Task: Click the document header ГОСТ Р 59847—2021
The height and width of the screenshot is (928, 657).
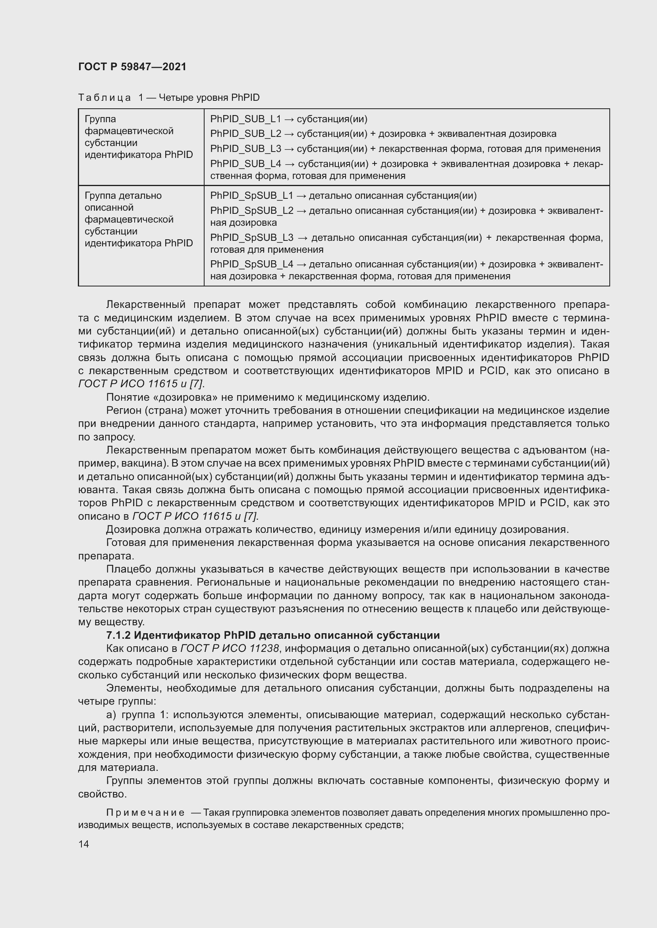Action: (x=132, y=67)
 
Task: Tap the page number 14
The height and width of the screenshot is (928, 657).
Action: (x=84, y=844)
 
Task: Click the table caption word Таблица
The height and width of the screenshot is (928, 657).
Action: (x=104, y=98)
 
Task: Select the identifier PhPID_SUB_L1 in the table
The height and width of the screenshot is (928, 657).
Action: (x=245, y=119)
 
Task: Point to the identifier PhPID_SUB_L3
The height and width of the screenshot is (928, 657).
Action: (x=245, y=149)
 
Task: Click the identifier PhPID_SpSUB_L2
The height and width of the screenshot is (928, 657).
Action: (x=251, y=211)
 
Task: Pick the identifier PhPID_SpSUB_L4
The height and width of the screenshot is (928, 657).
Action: (x=251, y=264)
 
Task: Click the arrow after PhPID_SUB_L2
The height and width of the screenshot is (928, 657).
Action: (x=289, y=134)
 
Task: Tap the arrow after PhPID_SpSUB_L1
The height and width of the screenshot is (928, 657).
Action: (x=301, y=196)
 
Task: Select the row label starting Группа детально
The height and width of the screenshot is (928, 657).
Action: (x=123, y=196)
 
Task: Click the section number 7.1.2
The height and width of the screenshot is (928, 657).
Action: (x=118, y=635)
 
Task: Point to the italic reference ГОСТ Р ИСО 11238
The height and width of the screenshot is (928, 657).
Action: (x=230, y=649)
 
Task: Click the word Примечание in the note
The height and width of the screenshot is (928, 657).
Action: (x=145, y=813)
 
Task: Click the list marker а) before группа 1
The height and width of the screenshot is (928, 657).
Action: (x=111, y=715)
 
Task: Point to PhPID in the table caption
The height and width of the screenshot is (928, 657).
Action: (x=245, y=98)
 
